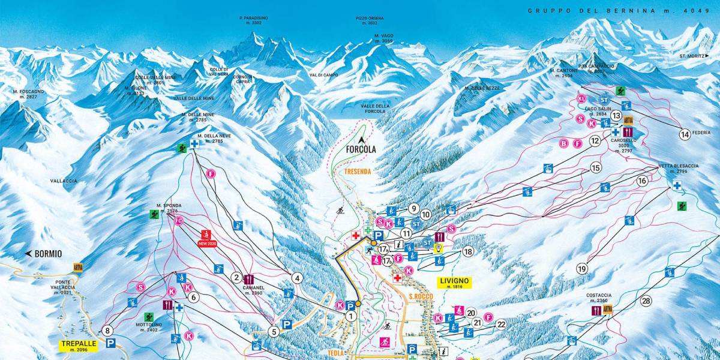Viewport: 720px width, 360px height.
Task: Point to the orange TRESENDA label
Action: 358,171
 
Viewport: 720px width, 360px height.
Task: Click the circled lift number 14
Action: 685,134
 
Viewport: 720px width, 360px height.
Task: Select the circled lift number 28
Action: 646,301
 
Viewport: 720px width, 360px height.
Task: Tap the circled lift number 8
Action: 107,330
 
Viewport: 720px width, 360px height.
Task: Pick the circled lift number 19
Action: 581,268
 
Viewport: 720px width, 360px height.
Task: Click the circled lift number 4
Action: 296,278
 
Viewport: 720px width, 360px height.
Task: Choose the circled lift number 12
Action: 595,141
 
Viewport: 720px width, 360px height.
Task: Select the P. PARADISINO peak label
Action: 254,20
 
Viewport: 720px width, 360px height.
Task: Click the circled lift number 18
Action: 467,251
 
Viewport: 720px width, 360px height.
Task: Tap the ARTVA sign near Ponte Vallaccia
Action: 77,267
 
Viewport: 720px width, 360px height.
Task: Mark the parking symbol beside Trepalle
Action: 110,343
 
